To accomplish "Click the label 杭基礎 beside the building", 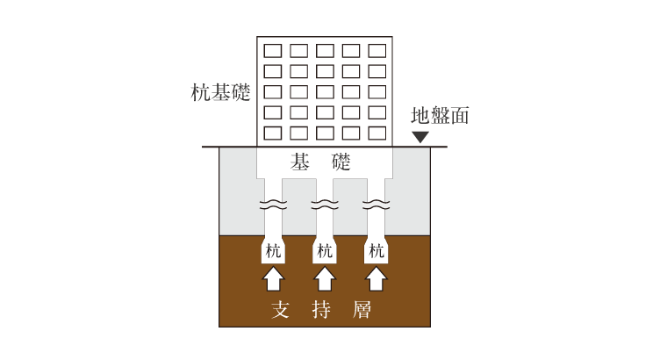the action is pyautogui.click(x=220, y=92).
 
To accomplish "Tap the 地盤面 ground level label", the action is pyautogui.click(x=440, y=116).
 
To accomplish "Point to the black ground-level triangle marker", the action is pyautogui.click(x=420, y=137).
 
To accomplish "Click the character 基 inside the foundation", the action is pyautogui.click(x=299, y=162).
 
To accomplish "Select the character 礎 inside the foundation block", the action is pyautogui.click(x=341, y=162).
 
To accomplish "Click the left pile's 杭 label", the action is pyautogui.click(x=273, y=250).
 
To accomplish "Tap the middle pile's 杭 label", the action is pyautogui.click(x=325, y=250).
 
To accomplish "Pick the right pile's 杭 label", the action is pyautogui.click(x=377, y=250).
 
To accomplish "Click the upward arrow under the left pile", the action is pyautogui.click(x=273, y=278).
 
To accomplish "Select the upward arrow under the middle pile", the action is pyautogui.click(x=325, y=278).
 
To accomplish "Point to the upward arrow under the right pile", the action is pyautogui.click(x=377, y=278).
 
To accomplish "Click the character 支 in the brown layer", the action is pyautogui.click(x=281, y=309).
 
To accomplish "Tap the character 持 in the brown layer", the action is pyautogui.click(x=321, y=309).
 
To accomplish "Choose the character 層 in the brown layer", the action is pyautogui.click(x=362, y=309).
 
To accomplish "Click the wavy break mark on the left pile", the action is pyautogui.click(x=273, y=205).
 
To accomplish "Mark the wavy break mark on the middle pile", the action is pyautogui.click(x=325, y=205).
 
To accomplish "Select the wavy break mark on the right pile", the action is pyautogui.click(x=377, y=205).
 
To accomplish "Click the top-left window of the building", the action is pyautogui.click(x=273, y=51).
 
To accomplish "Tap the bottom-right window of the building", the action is pyautogui.click(x=377, y=133).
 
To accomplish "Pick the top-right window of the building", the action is pyautogui.click(x=377, y=51).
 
